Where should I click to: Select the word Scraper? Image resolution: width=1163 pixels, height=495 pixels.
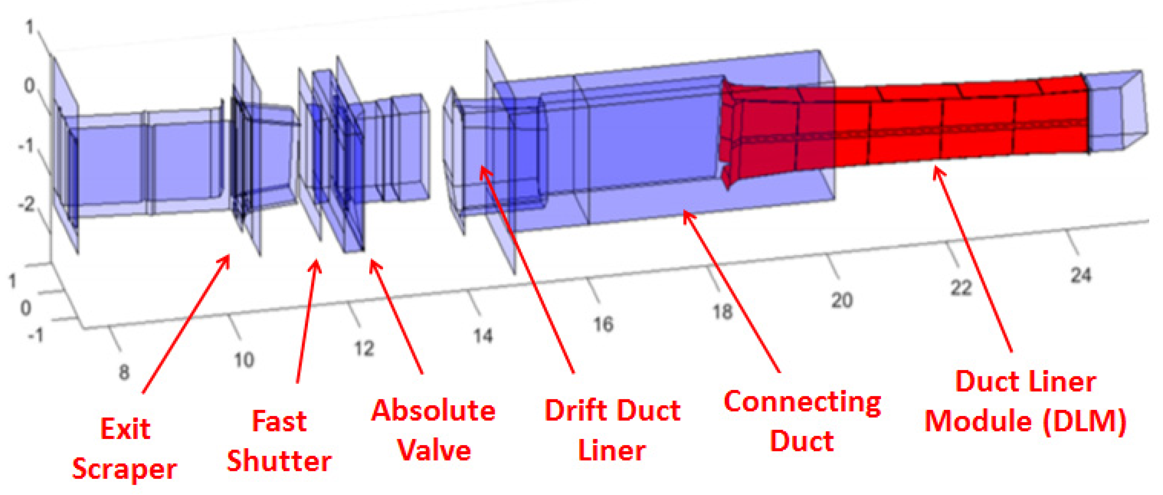(x=125, y=469)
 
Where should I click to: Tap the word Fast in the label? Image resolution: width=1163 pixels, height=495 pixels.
(x=279, y=421)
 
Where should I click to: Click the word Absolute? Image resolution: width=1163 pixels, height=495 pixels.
(x=433, y=411)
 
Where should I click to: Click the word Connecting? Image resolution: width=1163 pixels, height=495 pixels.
(x=802, y=401)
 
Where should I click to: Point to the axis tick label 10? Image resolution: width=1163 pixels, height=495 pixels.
(x=244, y=360)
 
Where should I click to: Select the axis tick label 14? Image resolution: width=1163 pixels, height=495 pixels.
(x=483, y=336)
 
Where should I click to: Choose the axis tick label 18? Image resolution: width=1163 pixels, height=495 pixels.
(x=722, y=311)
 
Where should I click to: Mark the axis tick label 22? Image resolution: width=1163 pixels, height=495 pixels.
(x=961, y=288)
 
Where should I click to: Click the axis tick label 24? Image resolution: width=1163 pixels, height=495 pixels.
(x=1081, y=275)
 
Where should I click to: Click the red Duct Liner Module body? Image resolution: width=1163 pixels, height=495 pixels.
(x=903, y=126)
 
